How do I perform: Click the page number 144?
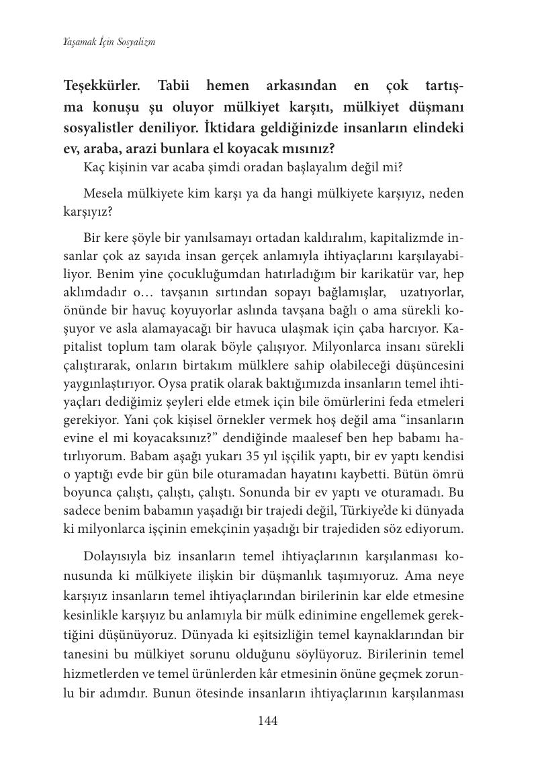tap(267, 721)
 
